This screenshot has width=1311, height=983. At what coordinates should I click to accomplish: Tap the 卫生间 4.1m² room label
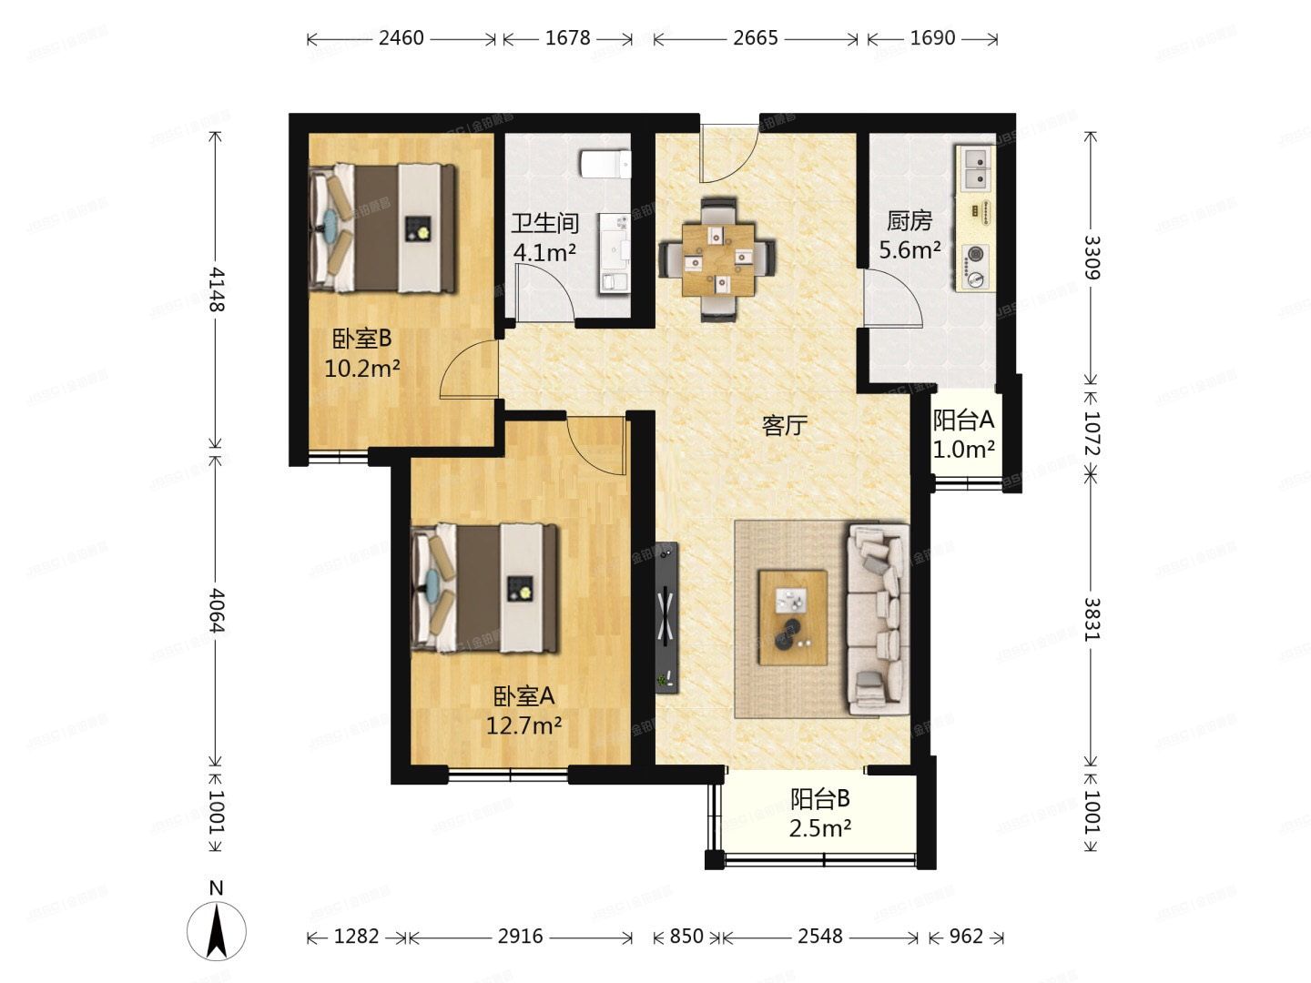(544, 238)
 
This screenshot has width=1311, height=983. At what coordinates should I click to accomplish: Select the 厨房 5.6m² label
(910, 235)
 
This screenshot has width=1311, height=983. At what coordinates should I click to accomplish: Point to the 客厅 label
(784, 425)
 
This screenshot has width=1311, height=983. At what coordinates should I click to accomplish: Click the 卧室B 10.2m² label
(362, 353)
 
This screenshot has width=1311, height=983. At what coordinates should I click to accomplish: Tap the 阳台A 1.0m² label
(963, 434)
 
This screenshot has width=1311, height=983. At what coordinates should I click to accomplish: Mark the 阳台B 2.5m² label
(820, 814)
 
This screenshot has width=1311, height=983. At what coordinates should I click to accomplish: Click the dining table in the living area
(719, 259)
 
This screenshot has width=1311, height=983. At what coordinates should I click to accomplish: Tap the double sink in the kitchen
(976, 169)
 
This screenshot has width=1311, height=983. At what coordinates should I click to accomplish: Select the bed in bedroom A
(484, 588)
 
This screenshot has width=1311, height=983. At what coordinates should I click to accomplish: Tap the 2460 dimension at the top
(401, 38)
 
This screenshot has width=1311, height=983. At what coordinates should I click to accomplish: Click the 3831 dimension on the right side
(1092, 619)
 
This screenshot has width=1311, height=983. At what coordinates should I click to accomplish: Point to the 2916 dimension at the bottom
(520, 937)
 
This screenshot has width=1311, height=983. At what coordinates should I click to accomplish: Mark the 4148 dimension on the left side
(216, 289)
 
